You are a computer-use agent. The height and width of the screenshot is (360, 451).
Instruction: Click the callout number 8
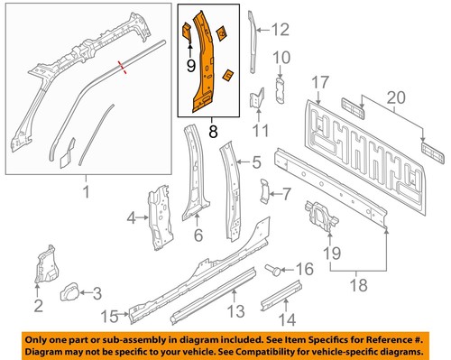[213, 132]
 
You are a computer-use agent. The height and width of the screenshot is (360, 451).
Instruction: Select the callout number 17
[320, 83]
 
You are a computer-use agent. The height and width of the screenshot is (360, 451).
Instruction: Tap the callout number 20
[396, 97]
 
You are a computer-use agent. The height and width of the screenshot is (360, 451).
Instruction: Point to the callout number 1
[86, 191]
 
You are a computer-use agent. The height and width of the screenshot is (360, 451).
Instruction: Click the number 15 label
[110, 317]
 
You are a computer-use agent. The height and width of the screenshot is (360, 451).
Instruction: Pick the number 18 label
[359, 285]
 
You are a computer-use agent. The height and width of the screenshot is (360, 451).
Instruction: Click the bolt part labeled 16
[272, 270]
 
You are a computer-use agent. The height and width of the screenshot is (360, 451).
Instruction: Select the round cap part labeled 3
[70, 291]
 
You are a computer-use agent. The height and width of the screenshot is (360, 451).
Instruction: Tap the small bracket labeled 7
[264, 191]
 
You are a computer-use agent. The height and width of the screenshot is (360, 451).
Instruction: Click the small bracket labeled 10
[280, 90]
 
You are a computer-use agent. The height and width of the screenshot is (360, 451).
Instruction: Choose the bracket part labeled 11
[257, 98]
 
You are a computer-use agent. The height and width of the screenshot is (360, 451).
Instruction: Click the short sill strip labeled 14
[281, 295]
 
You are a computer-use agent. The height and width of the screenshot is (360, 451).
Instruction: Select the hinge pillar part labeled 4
[161, 218]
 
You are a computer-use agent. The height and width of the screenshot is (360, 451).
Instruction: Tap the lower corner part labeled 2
[46, 264]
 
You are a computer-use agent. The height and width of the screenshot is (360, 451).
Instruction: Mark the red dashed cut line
[122, 67]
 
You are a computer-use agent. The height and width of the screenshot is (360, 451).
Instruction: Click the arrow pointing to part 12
[263, 30]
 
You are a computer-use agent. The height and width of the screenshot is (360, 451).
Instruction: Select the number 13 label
[236, 311]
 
